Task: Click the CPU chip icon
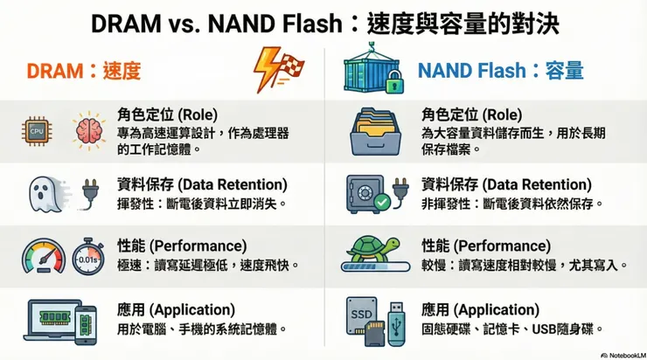tap(37, 132)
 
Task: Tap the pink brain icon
tap(88, 131)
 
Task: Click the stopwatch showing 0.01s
tap(88, 257)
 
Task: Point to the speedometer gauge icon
tap(44, 257)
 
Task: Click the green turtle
tap(374, 248)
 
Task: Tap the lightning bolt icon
tap(265, 68)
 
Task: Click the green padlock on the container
tap(394, 81)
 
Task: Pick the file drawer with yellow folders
tap(375, 132)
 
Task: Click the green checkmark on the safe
tap(382, 202)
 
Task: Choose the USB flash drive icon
tap(397, 324)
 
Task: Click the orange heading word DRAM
tap(55, 71)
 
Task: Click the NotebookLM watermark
tap(623, 356)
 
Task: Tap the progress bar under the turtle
tap(375, 267)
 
